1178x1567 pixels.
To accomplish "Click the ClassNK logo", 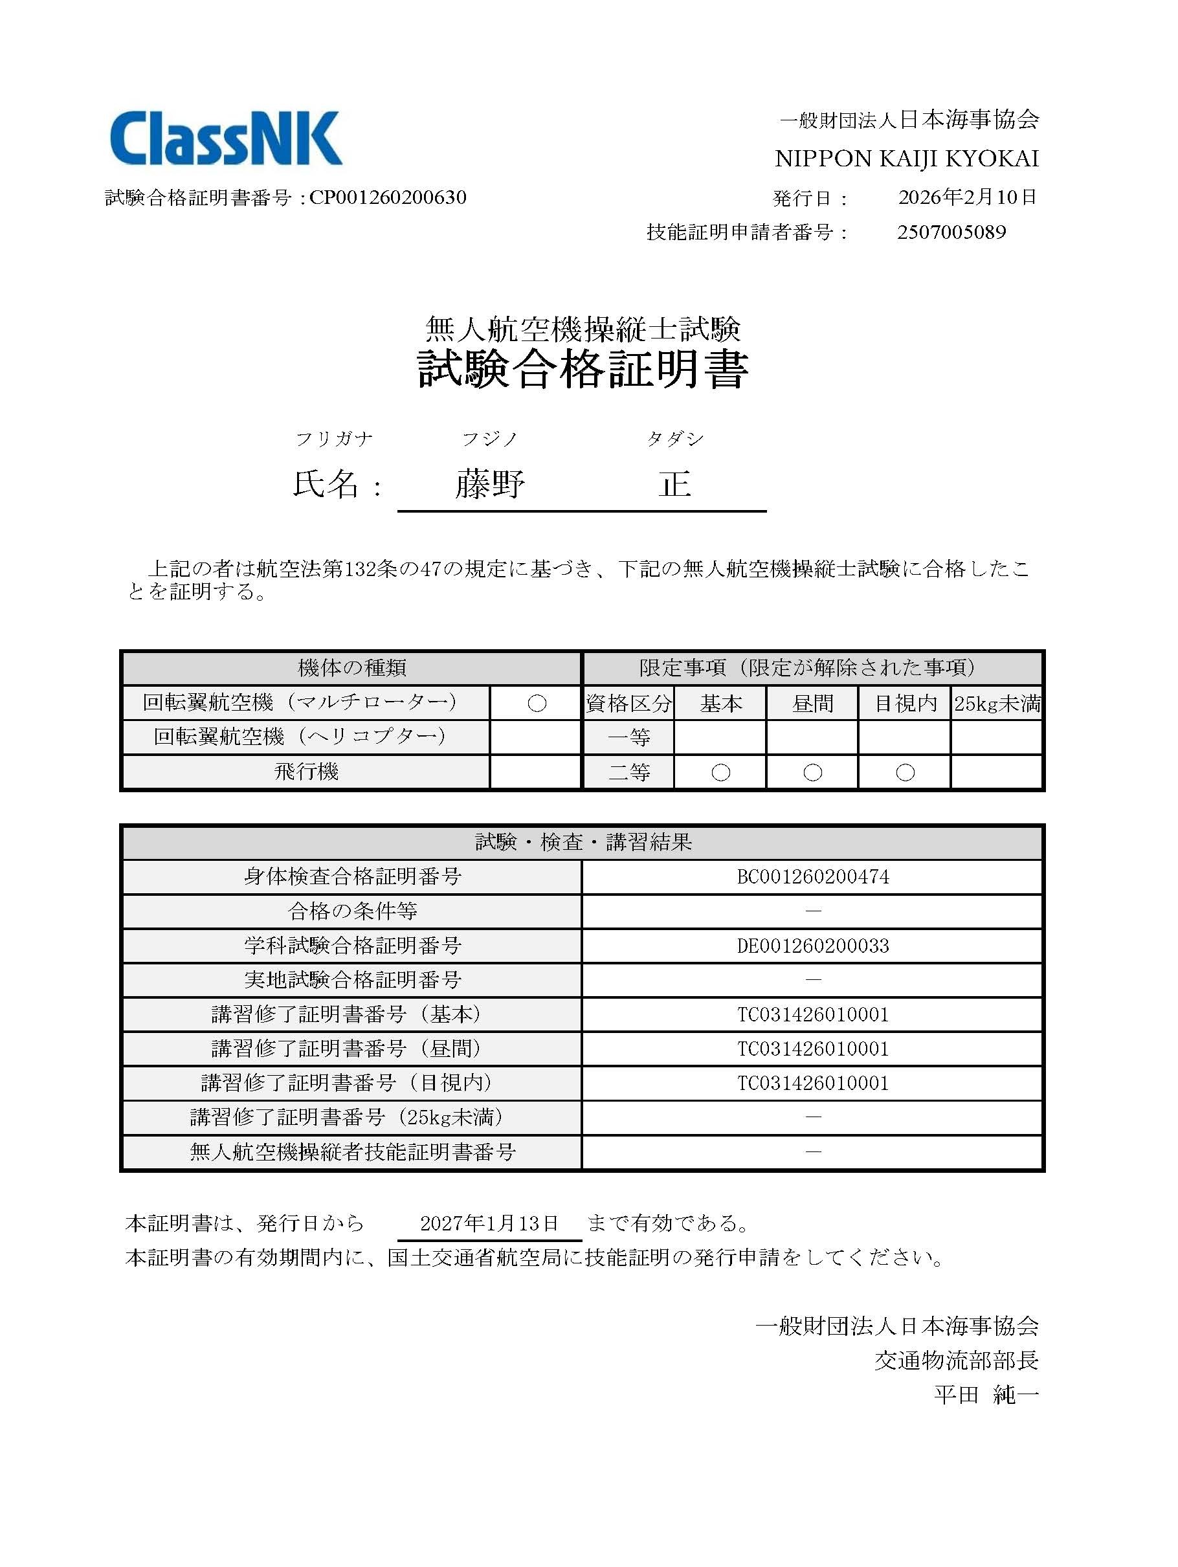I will [226, 139].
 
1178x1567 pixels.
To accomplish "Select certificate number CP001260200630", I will [388, 197].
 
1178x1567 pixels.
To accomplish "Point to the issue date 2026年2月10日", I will [967, 197].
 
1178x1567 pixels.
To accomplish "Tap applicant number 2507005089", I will [951, 232].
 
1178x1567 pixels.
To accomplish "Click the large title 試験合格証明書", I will [583, 368].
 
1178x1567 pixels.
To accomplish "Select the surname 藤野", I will [489, 485].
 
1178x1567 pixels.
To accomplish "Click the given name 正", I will [674, 485].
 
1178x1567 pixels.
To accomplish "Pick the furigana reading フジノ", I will [489, 440].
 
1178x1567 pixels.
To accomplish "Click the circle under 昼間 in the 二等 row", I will [812, 772].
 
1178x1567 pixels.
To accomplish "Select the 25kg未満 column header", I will [997, 704].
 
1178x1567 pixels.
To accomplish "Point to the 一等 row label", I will [628, 737].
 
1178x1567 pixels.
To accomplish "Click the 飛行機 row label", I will [306, 772].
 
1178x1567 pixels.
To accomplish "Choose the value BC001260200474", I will [812, 877].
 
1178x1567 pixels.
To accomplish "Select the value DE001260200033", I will [812, 946].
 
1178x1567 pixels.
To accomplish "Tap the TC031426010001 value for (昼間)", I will [812, 1049].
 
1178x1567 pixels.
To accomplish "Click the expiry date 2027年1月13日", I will [489, 1223].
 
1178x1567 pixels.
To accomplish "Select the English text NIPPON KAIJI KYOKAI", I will [907, 159].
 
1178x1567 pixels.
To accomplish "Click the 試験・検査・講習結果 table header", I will [583, 842].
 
